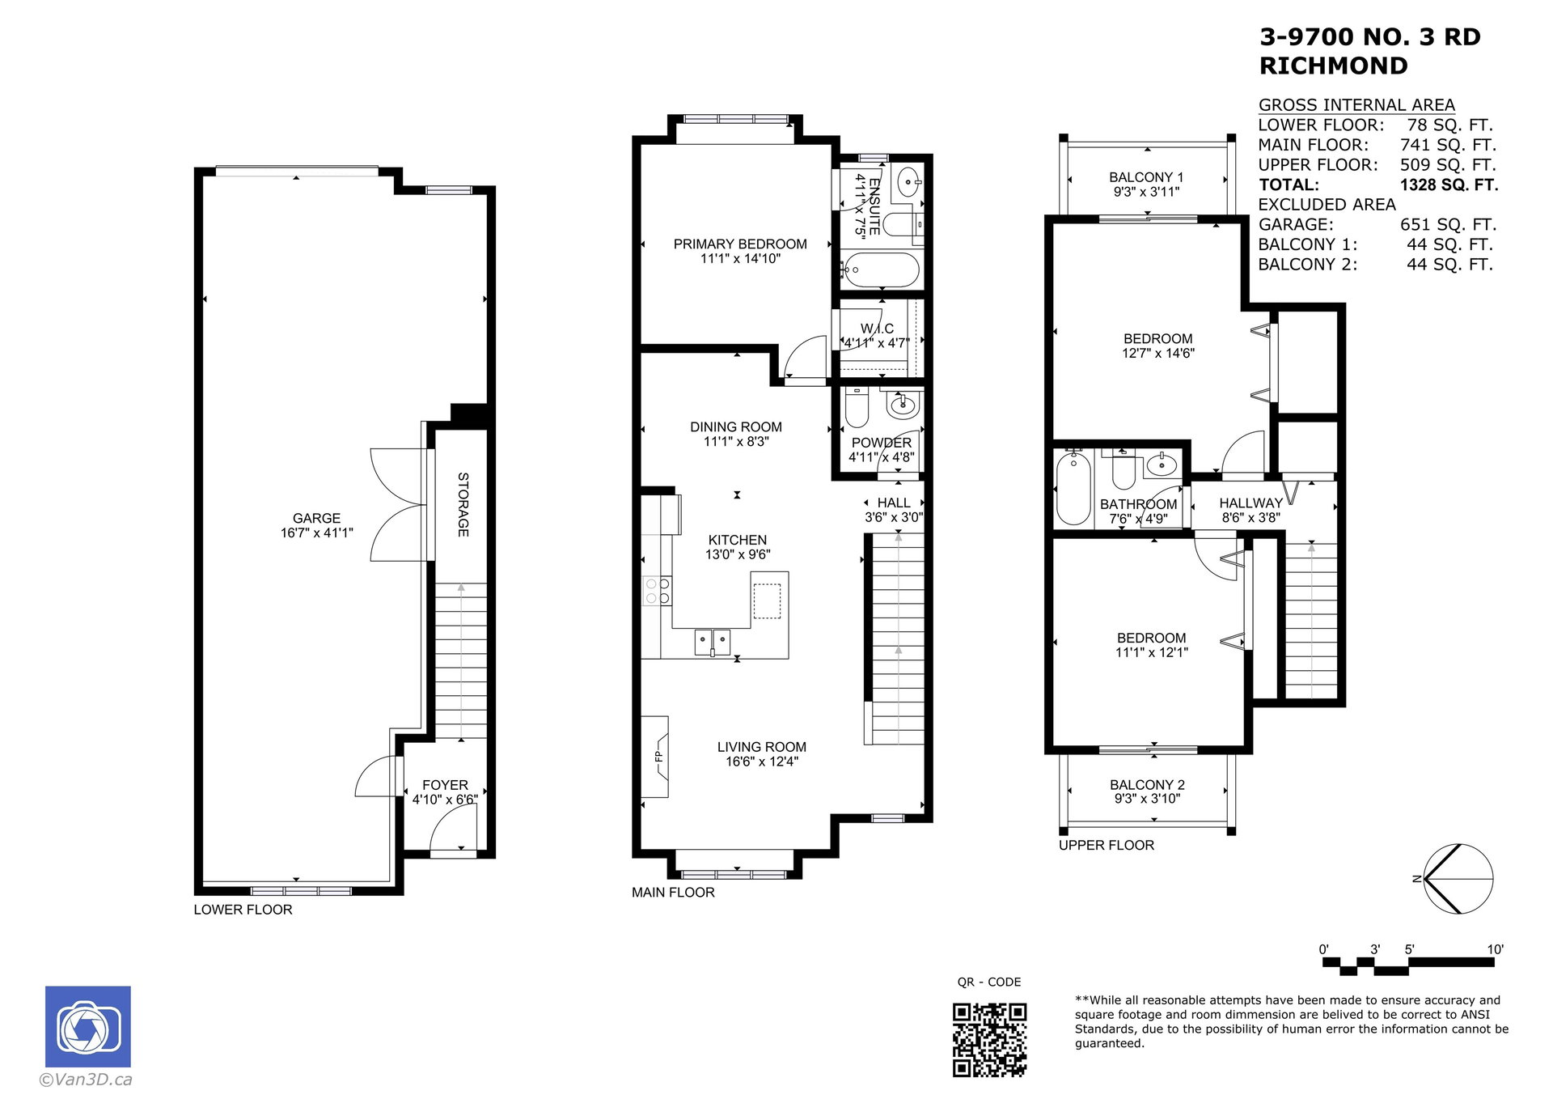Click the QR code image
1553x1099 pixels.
click(989, 1040)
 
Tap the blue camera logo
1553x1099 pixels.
click(87, 1026)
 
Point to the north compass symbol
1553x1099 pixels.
click(1456, 879)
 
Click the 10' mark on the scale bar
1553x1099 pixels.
click(1495, 949)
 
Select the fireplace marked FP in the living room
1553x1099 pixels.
click(655, 757)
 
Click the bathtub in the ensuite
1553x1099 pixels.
click(881, 270)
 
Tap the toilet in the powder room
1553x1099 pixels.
click(857, 407)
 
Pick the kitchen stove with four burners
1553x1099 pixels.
click(657, 591)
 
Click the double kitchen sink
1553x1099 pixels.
click(713, 643)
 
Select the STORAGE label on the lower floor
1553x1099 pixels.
click(463, 504)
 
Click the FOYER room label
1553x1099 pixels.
click(445, 785)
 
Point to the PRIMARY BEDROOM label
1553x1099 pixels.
click(740, 244)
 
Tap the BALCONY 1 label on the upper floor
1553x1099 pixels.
click(1146, 177)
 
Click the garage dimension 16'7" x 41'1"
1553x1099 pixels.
click(317, 533)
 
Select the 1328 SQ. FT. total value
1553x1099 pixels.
click(1449, 185)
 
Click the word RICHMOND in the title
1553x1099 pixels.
click(1334, 66)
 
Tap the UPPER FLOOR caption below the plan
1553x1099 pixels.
click(1107, 845)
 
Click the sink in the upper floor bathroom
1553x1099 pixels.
click(1162, 465)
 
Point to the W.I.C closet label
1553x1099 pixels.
click(878, 329)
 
